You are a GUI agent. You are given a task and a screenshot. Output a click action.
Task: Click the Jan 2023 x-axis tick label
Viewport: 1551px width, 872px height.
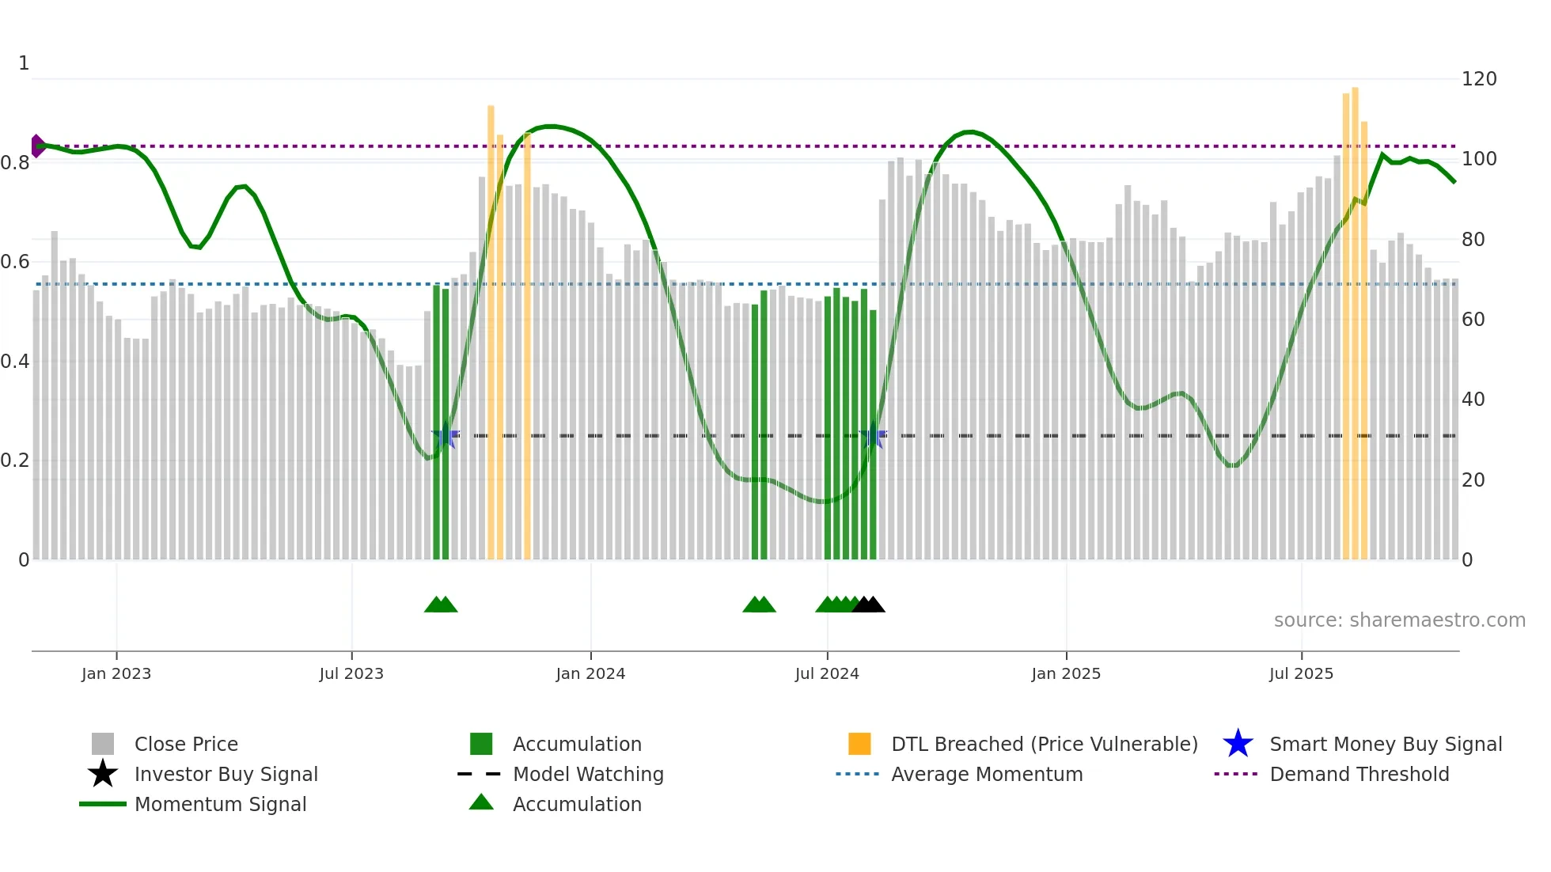(x=116, y=673)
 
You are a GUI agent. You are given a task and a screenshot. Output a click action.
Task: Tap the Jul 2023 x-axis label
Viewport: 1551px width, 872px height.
(x=351, y=673)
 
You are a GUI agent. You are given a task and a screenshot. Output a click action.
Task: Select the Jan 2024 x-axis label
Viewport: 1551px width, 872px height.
(x=590, y=673)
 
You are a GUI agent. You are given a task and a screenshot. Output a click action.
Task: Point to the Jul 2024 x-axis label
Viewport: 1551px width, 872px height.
(x=827, y=673)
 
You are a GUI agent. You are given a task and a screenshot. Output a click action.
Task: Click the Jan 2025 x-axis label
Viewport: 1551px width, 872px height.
(x=1066, y=673)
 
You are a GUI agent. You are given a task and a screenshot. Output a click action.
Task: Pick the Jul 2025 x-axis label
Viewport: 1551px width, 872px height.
(x=1301, y=673)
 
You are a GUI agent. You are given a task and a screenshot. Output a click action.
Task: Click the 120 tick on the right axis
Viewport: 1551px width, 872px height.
(x=1479, y=79)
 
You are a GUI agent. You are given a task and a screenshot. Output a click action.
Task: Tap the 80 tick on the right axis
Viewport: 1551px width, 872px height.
(x=1473, y=240)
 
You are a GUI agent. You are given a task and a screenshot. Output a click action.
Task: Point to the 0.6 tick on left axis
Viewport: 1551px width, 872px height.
(x=15, y=262)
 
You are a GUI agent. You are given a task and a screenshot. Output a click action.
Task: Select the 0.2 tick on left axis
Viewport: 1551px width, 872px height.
(x=15, y=461)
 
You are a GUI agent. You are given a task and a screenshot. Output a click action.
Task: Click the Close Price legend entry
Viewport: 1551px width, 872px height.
(x=186, y=744)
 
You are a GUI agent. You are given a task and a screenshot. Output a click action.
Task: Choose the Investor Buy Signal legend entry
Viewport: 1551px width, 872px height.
(x=226, y=774)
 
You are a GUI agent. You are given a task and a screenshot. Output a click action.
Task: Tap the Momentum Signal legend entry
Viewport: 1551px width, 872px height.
(x=220, y=804)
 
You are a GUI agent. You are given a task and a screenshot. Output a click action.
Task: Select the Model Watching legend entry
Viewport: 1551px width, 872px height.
(x=588, y=774)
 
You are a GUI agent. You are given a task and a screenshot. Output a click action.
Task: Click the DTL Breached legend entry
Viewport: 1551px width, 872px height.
(x=1044, y=744)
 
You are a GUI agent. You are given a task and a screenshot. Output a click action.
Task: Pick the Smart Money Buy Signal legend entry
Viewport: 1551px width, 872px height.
(x=1386, y=744)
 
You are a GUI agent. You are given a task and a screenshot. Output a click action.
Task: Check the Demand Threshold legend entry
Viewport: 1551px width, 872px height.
(x=1359, y=774)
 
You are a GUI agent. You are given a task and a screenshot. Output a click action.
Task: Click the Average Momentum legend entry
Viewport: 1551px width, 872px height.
(x=987, y=774)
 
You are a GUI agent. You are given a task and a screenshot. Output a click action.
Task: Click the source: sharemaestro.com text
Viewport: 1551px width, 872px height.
(x=1399, y=620)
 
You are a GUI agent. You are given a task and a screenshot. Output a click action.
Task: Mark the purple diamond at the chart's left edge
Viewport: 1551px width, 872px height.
(x=37, y=146)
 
